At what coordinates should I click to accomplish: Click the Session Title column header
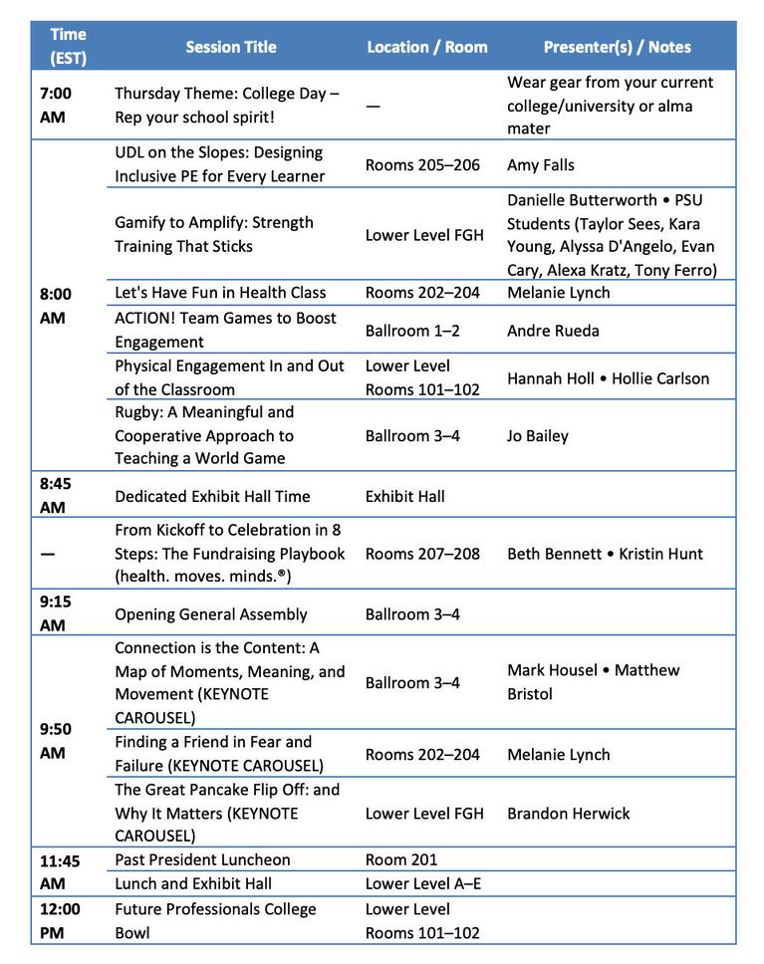(231, 47)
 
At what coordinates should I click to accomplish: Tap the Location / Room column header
(427, 47)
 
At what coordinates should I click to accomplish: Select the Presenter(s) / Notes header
(617, 47)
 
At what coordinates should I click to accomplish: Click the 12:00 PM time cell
(60, 920)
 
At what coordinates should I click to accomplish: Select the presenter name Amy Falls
(541, 165)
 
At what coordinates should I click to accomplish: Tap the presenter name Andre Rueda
(553, 331)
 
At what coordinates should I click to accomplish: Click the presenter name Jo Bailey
(538, 435)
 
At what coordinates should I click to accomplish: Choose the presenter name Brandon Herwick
(568, 814)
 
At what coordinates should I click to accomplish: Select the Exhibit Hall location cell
(405, 496)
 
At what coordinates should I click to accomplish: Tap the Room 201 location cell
(401, 859)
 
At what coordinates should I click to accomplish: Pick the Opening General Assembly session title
(211, 614)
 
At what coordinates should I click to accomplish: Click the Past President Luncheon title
(202, 859)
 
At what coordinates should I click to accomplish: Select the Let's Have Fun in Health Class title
(220, 293)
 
